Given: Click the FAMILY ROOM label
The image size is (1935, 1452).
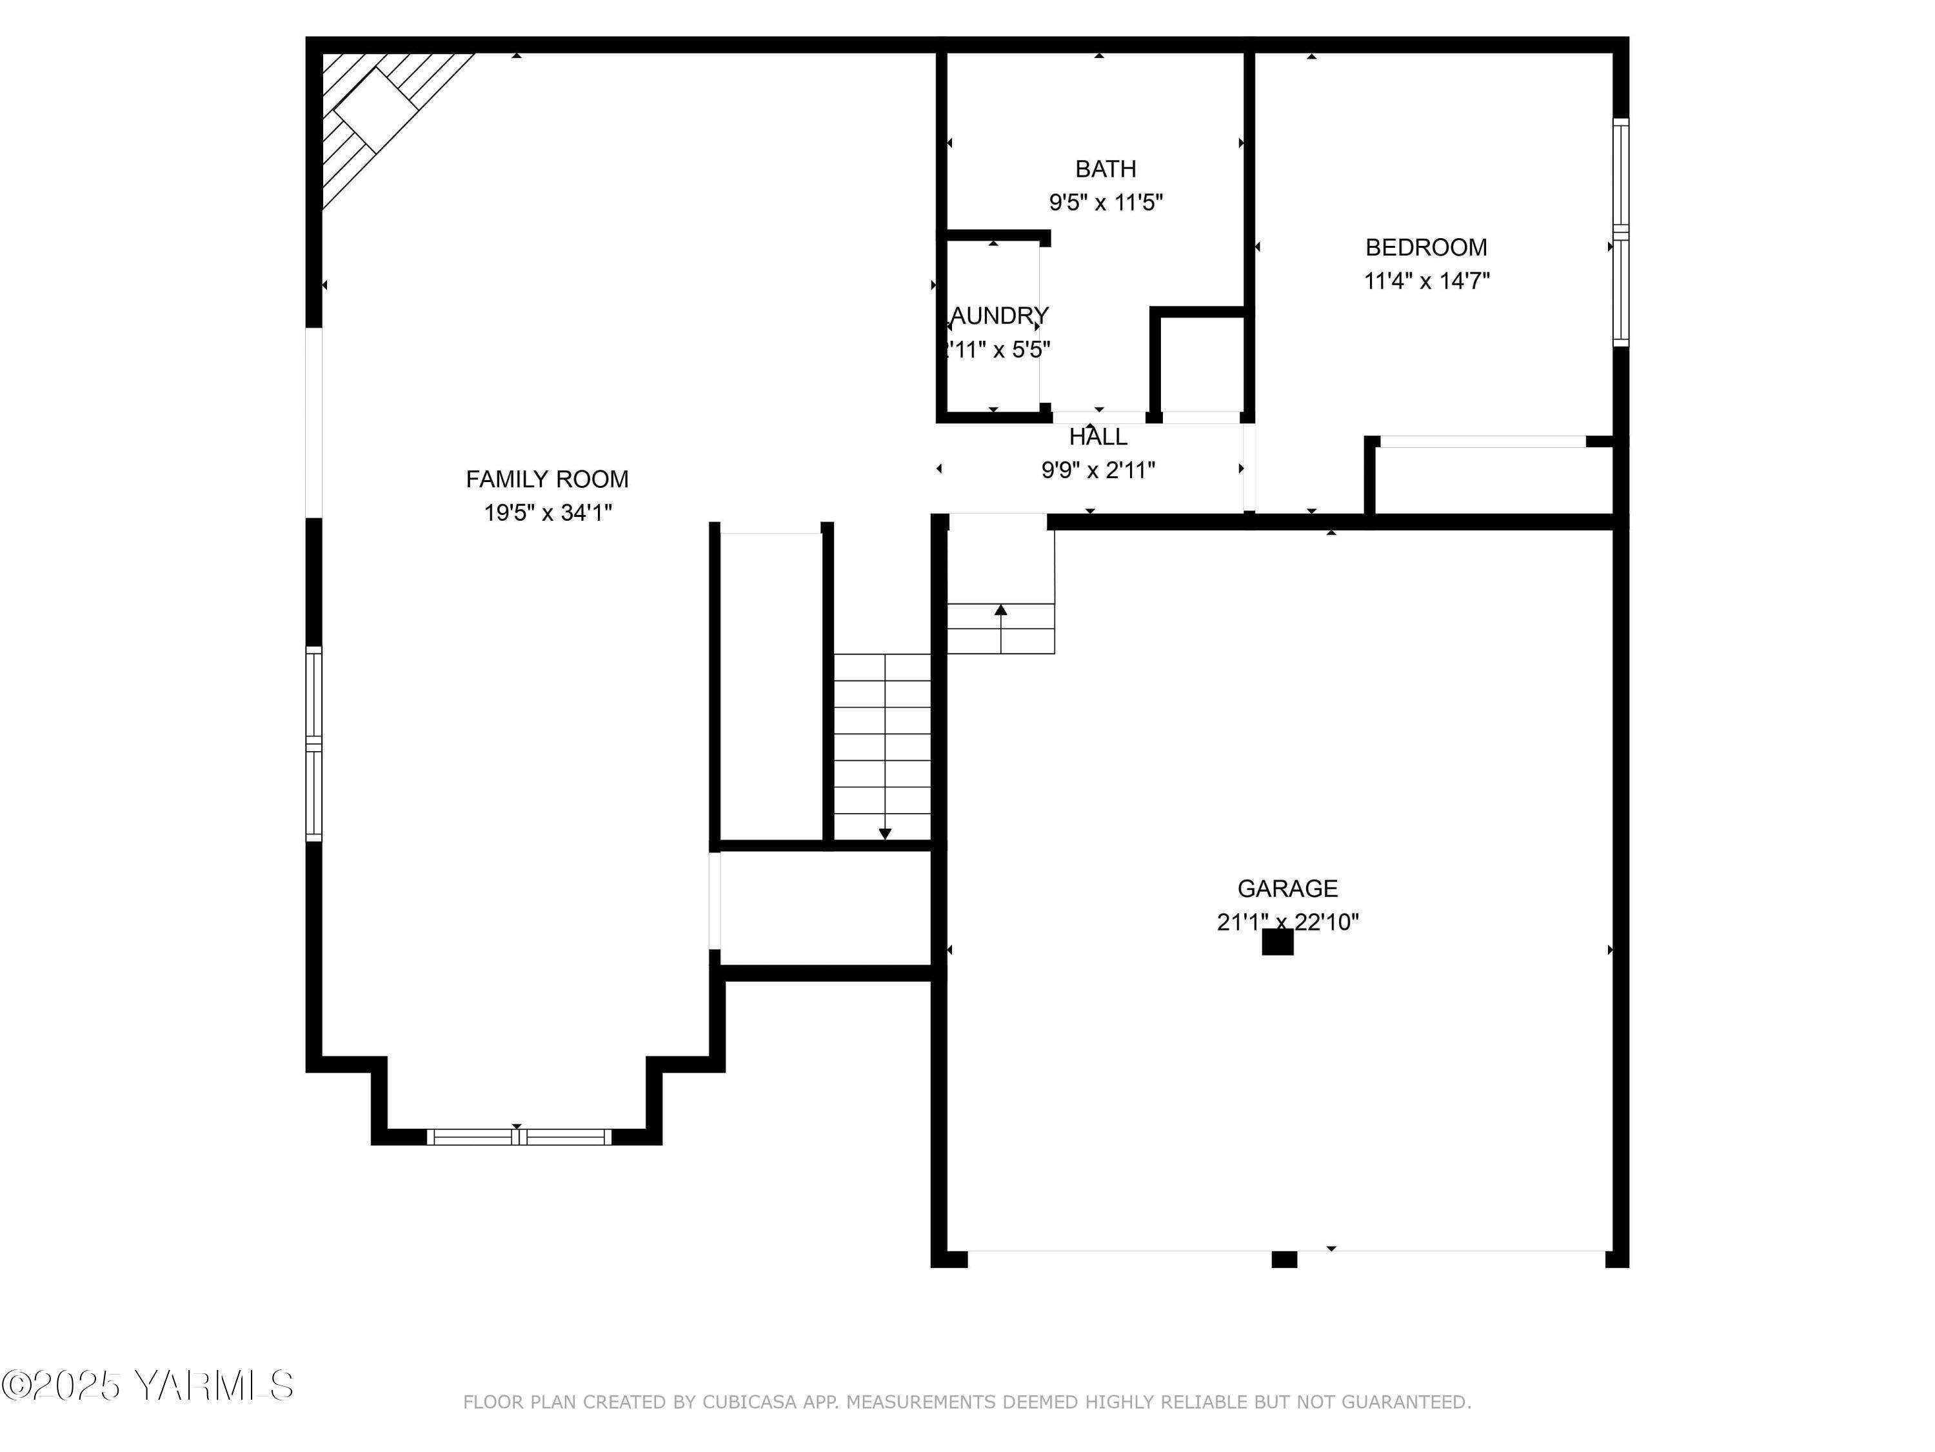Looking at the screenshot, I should click(x=547, y=479).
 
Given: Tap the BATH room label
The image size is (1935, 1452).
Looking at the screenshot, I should click(x=1106, y=169).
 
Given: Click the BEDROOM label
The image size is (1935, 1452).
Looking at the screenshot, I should click(x=1426, y=248).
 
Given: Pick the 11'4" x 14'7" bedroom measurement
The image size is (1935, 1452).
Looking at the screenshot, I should click(x=1427, y=281).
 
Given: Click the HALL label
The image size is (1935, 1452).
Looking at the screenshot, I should click(x=1098, y=437).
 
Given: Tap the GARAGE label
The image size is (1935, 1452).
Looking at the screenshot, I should click(x=1287, y=889).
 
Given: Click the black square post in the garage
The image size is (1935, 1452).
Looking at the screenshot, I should click(x=1277, y=943).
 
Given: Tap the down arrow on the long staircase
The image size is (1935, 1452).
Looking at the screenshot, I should click(x=884, y=833).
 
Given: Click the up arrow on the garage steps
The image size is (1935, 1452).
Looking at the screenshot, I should click(x=1001, y=610).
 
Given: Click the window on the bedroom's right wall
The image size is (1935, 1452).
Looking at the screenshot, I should click(x=1620, y=232).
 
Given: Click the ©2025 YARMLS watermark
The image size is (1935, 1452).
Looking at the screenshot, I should click(x=147, y=1386).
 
